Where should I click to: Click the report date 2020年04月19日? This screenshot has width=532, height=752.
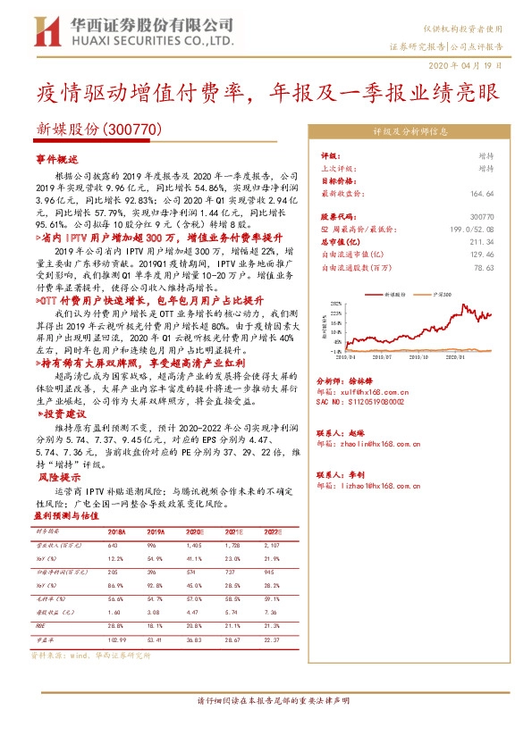click(472, 67)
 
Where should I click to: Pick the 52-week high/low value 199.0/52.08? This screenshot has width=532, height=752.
click(469, 230)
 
